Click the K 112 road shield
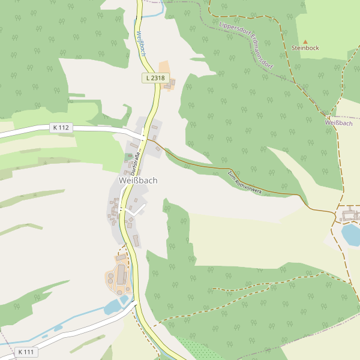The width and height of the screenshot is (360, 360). [x=61, y=127]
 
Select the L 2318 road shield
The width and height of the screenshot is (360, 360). [x=154, y=78]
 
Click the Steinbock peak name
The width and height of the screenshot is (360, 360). [x=305, y=47]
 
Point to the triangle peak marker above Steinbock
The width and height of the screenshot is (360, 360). [x=305, y=41]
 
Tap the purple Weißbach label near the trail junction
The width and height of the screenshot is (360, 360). [x=338, y=122]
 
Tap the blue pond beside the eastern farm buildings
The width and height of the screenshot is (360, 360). [x=350, y=234]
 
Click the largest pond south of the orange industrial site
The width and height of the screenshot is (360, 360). [x=113, y=308]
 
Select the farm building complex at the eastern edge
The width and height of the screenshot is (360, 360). [x=349, y=214]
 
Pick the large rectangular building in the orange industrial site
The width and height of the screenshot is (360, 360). [x=121, y=275]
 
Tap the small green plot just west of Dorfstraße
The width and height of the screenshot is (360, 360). [x=129, y=157]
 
